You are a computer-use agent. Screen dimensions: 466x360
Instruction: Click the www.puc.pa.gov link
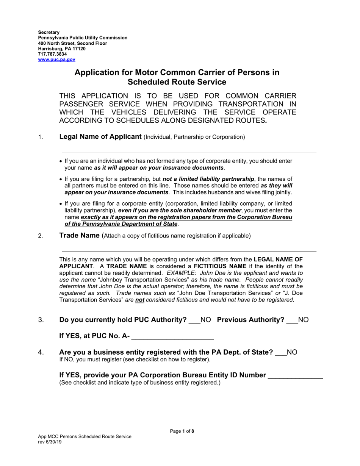[56, 59]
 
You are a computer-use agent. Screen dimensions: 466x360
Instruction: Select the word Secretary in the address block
[49, 33]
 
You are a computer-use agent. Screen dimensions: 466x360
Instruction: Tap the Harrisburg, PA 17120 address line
[61, 49]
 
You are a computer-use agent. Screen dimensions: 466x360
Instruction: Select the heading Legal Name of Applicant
[100, 137]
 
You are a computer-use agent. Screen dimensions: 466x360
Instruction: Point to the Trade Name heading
[79, 236]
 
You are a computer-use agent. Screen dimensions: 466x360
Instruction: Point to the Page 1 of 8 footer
[182, 431]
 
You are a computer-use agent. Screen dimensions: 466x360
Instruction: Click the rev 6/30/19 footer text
[50, 442]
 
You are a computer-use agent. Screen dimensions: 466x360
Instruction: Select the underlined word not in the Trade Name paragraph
[140, 300]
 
